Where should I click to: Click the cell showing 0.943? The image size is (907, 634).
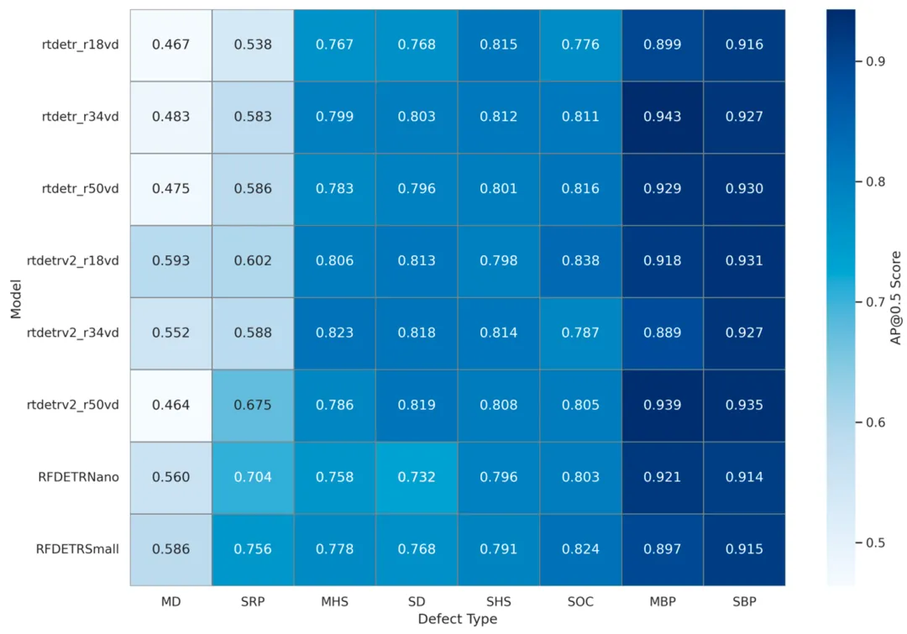[x=663, y=117]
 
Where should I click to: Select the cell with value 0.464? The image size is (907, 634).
[x=170, y=405]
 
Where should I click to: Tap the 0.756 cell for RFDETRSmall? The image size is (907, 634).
[x=253, y=549]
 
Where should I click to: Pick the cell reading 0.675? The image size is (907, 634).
[x=253, y=405]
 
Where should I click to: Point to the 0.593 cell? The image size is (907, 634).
[x=170, y=260]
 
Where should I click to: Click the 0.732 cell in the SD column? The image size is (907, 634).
[x=417, y=477]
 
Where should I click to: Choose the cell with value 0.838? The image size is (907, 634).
[x=581, y=260]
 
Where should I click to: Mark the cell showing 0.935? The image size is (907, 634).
[x=745, y=405]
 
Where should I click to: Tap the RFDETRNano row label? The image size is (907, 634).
[x=77, y=477]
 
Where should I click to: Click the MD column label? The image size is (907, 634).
[x=170, y=601]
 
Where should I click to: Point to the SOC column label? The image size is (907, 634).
[x=581, y=601]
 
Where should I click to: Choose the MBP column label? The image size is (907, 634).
[x=663, y=601]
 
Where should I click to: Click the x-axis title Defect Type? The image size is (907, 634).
[x=458, y=619]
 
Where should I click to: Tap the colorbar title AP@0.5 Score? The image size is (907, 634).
[x=895, y=297]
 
